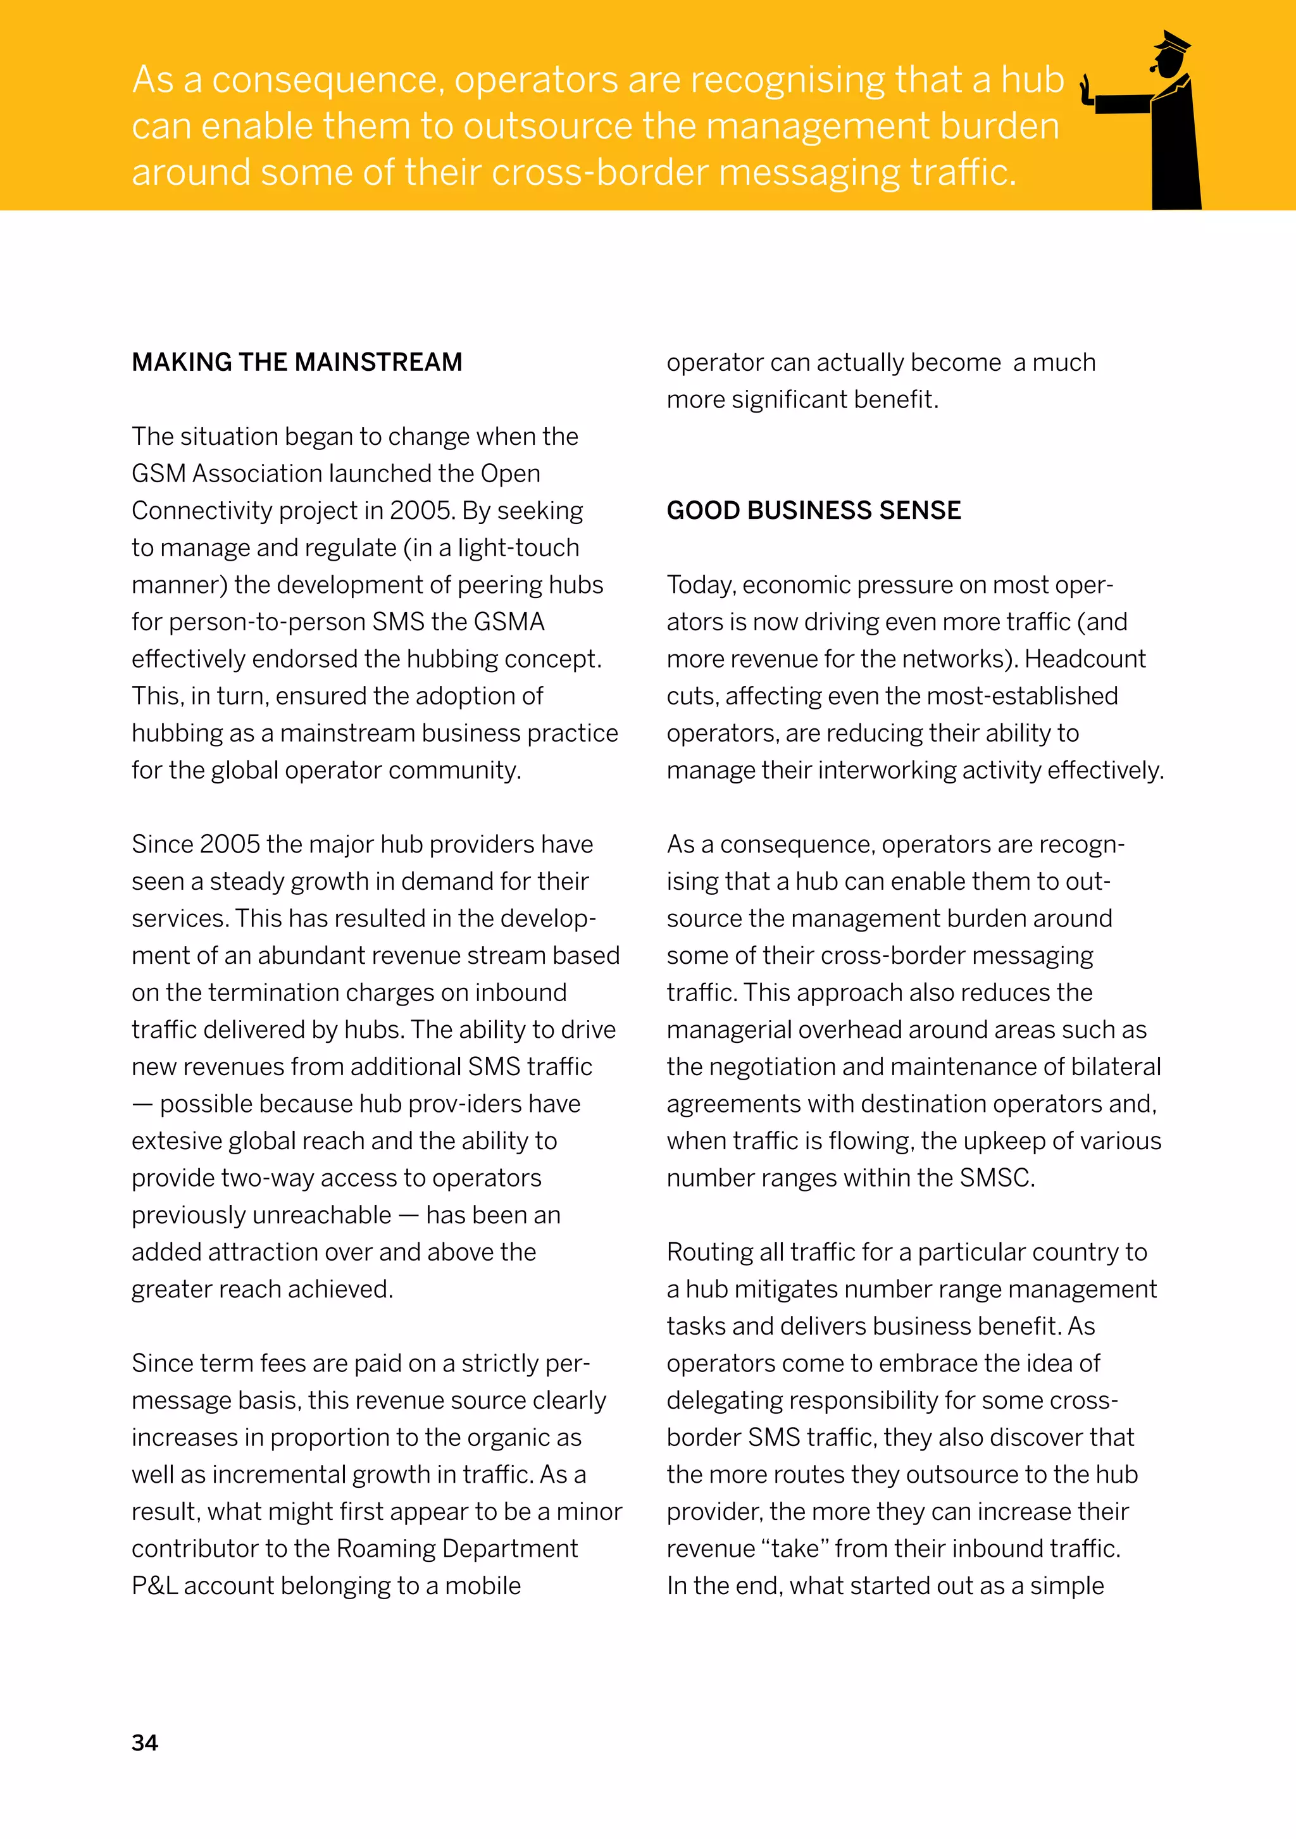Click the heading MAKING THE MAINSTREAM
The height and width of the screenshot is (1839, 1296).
(296, 362)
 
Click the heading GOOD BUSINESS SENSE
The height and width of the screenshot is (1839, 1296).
(813, 510)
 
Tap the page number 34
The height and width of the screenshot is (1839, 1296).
(145, 1743)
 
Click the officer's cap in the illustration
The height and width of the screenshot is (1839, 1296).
(1171, 42)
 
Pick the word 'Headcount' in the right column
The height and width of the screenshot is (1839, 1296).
(1085, 658)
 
